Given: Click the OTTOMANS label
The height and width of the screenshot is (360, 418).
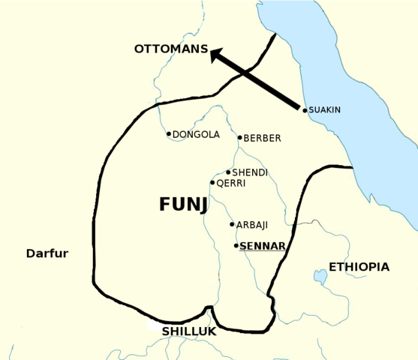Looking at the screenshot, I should [170, 49].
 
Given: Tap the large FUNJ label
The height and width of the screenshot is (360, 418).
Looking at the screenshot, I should [184, 205].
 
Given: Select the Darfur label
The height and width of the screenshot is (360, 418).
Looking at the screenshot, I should [47, 253].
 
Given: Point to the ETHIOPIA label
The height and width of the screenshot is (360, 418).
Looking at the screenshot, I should [359, 267].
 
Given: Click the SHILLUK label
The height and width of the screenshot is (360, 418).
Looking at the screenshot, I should [189, 331].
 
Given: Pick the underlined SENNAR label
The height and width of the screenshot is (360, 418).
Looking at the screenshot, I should [263, 246].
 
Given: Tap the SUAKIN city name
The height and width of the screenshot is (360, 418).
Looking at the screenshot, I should [325, 110].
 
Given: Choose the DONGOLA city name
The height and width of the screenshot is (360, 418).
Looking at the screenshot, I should [196, 135].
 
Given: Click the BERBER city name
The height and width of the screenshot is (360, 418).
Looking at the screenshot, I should [263, 138].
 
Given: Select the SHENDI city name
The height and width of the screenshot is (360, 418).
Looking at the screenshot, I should [250, 173].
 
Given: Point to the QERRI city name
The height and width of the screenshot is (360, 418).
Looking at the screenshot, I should [232, 182].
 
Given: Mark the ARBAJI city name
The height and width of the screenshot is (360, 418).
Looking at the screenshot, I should [252, 225].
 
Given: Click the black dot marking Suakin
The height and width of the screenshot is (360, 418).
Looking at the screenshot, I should [305, 110].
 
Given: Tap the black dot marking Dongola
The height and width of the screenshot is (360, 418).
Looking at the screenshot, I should [169, 134].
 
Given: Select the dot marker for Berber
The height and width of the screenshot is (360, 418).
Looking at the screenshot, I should [239, 137].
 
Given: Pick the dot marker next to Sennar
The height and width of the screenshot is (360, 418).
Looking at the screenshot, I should [236, 245].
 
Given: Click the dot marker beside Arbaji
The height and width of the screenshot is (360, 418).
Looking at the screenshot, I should [232, 224].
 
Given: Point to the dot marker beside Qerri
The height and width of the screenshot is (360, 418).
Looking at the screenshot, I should [212, 182].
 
